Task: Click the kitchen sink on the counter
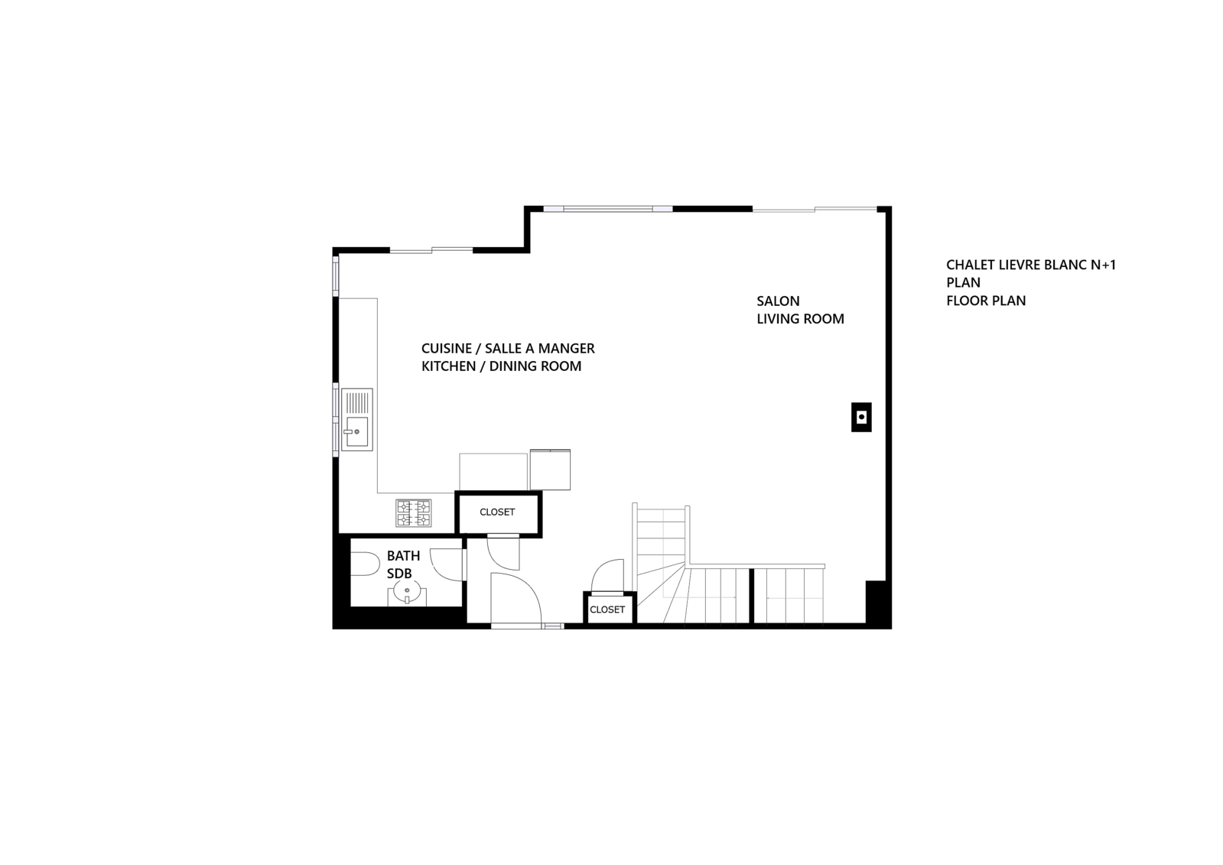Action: pos(357,419)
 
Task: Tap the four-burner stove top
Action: pos(413,512)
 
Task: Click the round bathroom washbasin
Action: pos(407,592)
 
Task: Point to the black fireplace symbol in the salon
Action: pos(861,418)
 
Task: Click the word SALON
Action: pos(778,301)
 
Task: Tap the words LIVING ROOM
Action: pos(800,319)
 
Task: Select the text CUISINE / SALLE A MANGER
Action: pos(508,349)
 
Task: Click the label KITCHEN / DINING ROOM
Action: pos(501,366)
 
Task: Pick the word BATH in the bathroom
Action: pos(404,556)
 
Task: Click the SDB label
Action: pos(399,574)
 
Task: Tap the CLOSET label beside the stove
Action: pos(497,512)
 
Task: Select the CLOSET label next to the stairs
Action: pos(607,610)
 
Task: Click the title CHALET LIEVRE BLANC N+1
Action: pos(1031,265)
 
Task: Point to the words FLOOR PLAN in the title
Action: pos(986,301)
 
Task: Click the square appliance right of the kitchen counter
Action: pos(551,470)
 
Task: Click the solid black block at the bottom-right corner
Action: pos(879,604)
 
